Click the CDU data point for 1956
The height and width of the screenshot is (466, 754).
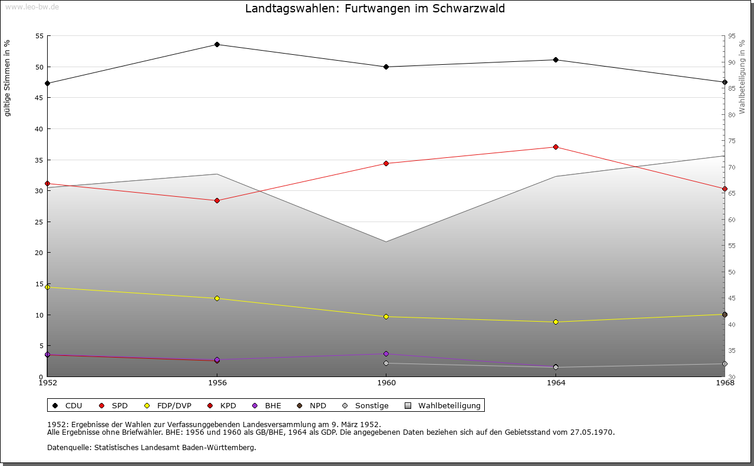pyautogui.click(x=217, y=45)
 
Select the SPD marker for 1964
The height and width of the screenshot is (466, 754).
pyautogui.click(x=555, y=147)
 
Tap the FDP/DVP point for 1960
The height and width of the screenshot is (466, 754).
pyautogui.click(x=386, y=317)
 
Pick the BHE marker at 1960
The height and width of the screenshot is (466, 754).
pyautogui.click(x=386, y=353)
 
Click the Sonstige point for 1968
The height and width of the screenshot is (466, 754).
pyautogui.click(x=725, y=364)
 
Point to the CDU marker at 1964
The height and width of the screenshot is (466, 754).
pyautogui.click(x=555, y=60)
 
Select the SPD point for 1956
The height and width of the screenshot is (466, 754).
pyautogui.click(x=217, y=201)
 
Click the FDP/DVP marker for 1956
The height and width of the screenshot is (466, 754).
pyautogui.click(x=217, y=299)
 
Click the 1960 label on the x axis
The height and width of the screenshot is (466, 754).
pyautogui.click(x=386, y=383)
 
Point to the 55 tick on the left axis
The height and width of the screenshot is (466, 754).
pyautogui.click(x=39, y=36)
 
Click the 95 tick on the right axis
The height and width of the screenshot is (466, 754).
pyautogui.click(x=731, y=36)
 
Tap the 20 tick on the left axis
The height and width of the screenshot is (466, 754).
pyautogui.click(x=39, y=253)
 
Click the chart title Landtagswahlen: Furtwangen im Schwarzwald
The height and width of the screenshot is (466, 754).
pyautogui.click(x=375, y=9)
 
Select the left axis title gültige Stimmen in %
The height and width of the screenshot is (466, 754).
pyautogui.click(x=8, y=78)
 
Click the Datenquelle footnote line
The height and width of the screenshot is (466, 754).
pyautogui.click(x=151, y=447)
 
